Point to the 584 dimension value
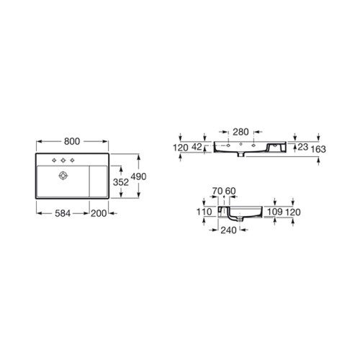pos(62,213)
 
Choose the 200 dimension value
pos(100,213)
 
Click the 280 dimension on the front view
pos(241,132)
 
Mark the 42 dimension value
pos(195,147)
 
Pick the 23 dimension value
pos(303,147)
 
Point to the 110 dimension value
pos(203,213)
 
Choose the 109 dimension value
pos(274,213)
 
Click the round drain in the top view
pos(63,174)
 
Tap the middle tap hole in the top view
pos(63,159)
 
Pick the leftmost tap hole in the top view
pos(53,159)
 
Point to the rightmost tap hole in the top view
pos(73,159)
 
